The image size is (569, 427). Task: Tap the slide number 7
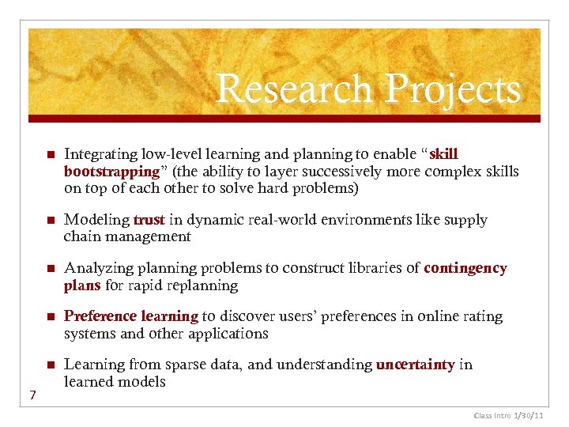(x=32, y=395)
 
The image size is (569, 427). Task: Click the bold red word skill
(x=443, y=154)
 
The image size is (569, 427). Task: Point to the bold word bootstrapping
(x=111, y=172)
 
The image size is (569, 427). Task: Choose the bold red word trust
(x=149, y=219)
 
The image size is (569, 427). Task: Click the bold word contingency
(x=465, y=268)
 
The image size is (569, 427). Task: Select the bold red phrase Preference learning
(x=131, y=316)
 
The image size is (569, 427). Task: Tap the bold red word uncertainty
(x=416, y=365)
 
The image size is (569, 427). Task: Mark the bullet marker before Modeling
(x=49, y=220)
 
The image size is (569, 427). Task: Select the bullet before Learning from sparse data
(x=49, y=365)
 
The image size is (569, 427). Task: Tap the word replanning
(x=202, y=285)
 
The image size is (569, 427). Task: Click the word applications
(x=228, y=334)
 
